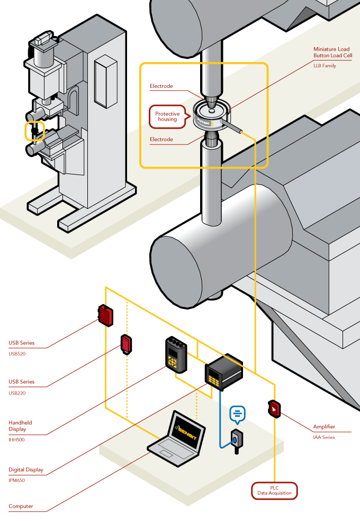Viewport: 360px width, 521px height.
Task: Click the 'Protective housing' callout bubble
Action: tap(167, 116)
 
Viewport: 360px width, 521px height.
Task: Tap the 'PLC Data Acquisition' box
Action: tap(274, 490)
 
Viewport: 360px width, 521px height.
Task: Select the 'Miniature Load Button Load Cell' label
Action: tap(332, 52)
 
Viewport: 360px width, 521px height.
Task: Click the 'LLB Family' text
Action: tap(325, 66)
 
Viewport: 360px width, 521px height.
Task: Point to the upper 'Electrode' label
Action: tap(161, 86)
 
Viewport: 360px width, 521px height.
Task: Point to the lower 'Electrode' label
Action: tap(161, 140)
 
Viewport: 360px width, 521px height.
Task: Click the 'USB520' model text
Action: tap(17, 353)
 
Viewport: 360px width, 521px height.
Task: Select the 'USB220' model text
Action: tap(17, 393)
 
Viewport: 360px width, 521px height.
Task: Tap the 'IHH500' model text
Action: tap(16, 440)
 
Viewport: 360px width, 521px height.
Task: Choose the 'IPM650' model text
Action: tap(16, 480)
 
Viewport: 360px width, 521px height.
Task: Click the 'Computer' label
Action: tap(21, 506)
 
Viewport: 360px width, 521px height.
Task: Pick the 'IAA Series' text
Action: tap(324, 437)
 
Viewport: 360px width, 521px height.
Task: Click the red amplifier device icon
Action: tap(274, 408)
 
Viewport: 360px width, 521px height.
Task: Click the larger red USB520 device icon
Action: tap(105, 315)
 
